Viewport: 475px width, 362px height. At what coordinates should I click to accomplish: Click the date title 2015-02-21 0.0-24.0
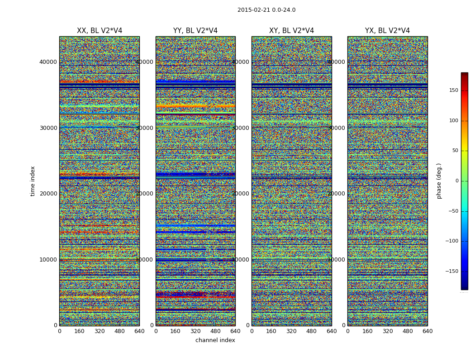(266, 10)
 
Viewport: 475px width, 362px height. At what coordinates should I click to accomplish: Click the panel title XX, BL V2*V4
(100, 31)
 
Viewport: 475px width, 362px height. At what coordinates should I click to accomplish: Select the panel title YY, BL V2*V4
(195, 31)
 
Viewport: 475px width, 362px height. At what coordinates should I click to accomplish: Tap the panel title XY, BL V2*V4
(291, 31)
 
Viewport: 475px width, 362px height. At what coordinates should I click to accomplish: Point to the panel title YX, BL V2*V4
(387, 31)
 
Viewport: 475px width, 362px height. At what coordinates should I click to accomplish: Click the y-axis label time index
(33, 181)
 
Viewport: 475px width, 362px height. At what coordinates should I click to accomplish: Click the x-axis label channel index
(215, 340)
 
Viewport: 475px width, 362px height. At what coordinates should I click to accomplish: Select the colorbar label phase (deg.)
(439, 181)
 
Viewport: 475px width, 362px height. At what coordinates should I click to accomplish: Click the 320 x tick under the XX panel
(100, 331)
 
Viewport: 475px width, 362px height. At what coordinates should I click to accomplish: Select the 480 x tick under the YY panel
(215, 331)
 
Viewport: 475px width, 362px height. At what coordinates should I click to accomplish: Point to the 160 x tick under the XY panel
(271, 331)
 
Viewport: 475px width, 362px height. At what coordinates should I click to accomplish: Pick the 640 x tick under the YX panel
(427, 331)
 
